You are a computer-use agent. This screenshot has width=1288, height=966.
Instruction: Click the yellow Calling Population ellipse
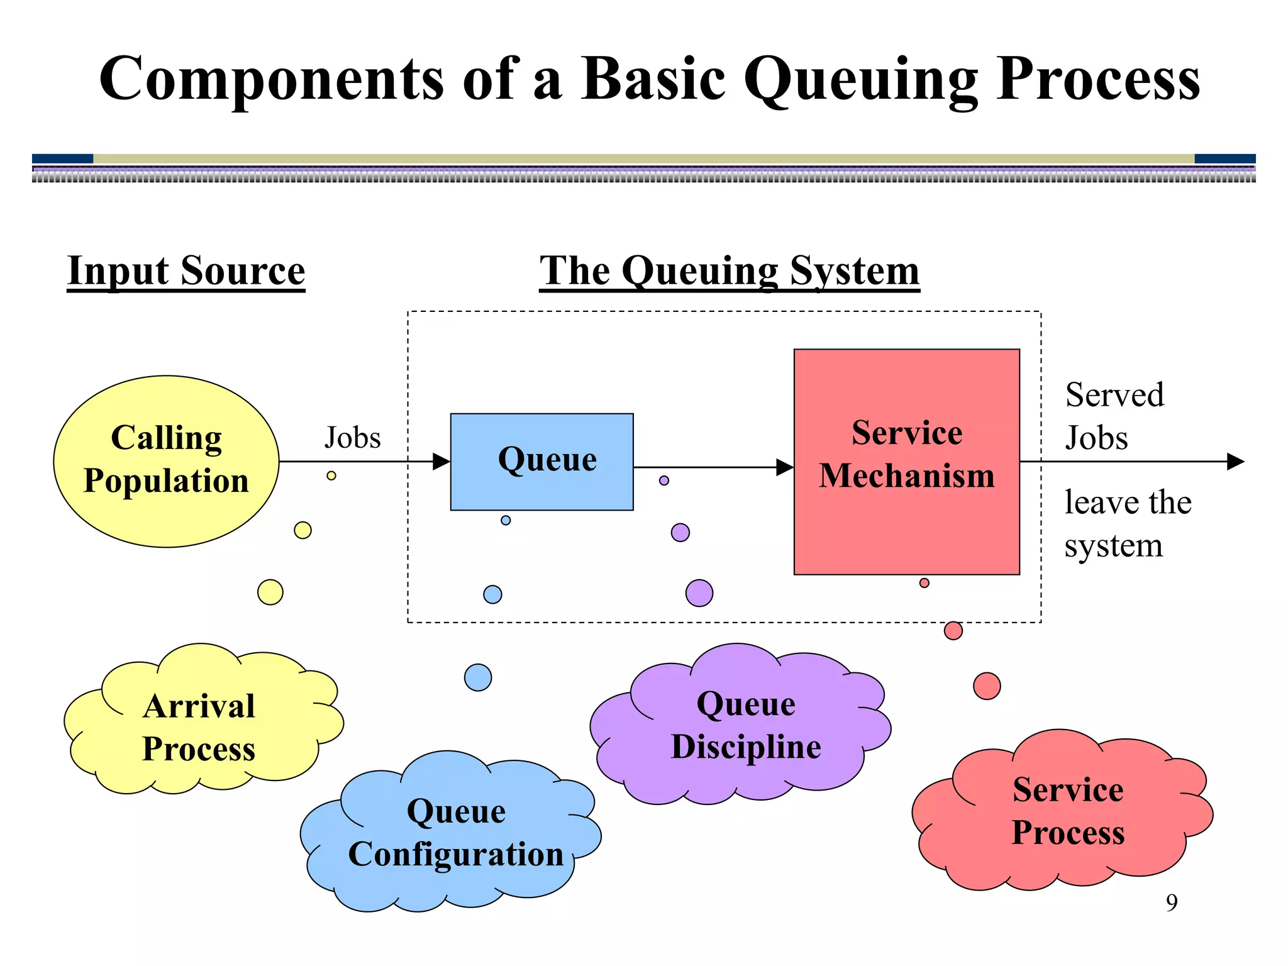(166, 461)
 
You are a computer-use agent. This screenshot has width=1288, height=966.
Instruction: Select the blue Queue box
(541, 462)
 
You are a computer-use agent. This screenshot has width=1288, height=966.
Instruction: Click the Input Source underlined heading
(186, 272)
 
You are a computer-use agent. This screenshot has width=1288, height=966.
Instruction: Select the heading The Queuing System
(730, 272)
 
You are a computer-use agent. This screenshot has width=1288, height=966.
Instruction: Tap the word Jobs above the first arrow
(352, 438)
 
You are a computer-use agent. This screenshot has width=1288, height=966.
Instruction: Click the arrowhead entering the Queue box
(442, 462)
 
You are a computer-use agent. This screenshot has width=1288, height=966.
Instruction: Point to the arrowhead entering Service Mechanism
(785, 467)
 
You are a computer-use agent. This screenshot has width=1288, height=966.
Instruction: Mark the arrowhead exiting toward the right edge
(1235, 462)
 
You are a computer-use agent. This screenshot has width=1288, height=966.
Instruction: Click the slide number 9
(1172, 902)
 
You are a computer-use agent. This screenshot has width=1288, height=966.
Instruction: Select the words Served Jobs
(1113, 416)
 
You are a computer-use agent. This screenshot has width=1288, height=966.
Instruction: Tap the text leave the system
(1126, 523)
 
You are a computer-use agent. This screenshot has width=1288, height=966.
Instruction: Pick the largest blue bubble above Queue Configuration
(478, 677)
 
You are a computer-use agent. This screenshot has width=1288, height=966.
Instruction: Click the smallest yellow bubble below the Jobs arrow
(331, 475)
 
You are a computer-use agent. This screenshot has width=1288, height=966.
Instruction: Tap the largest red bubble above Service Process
(987, 686)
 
